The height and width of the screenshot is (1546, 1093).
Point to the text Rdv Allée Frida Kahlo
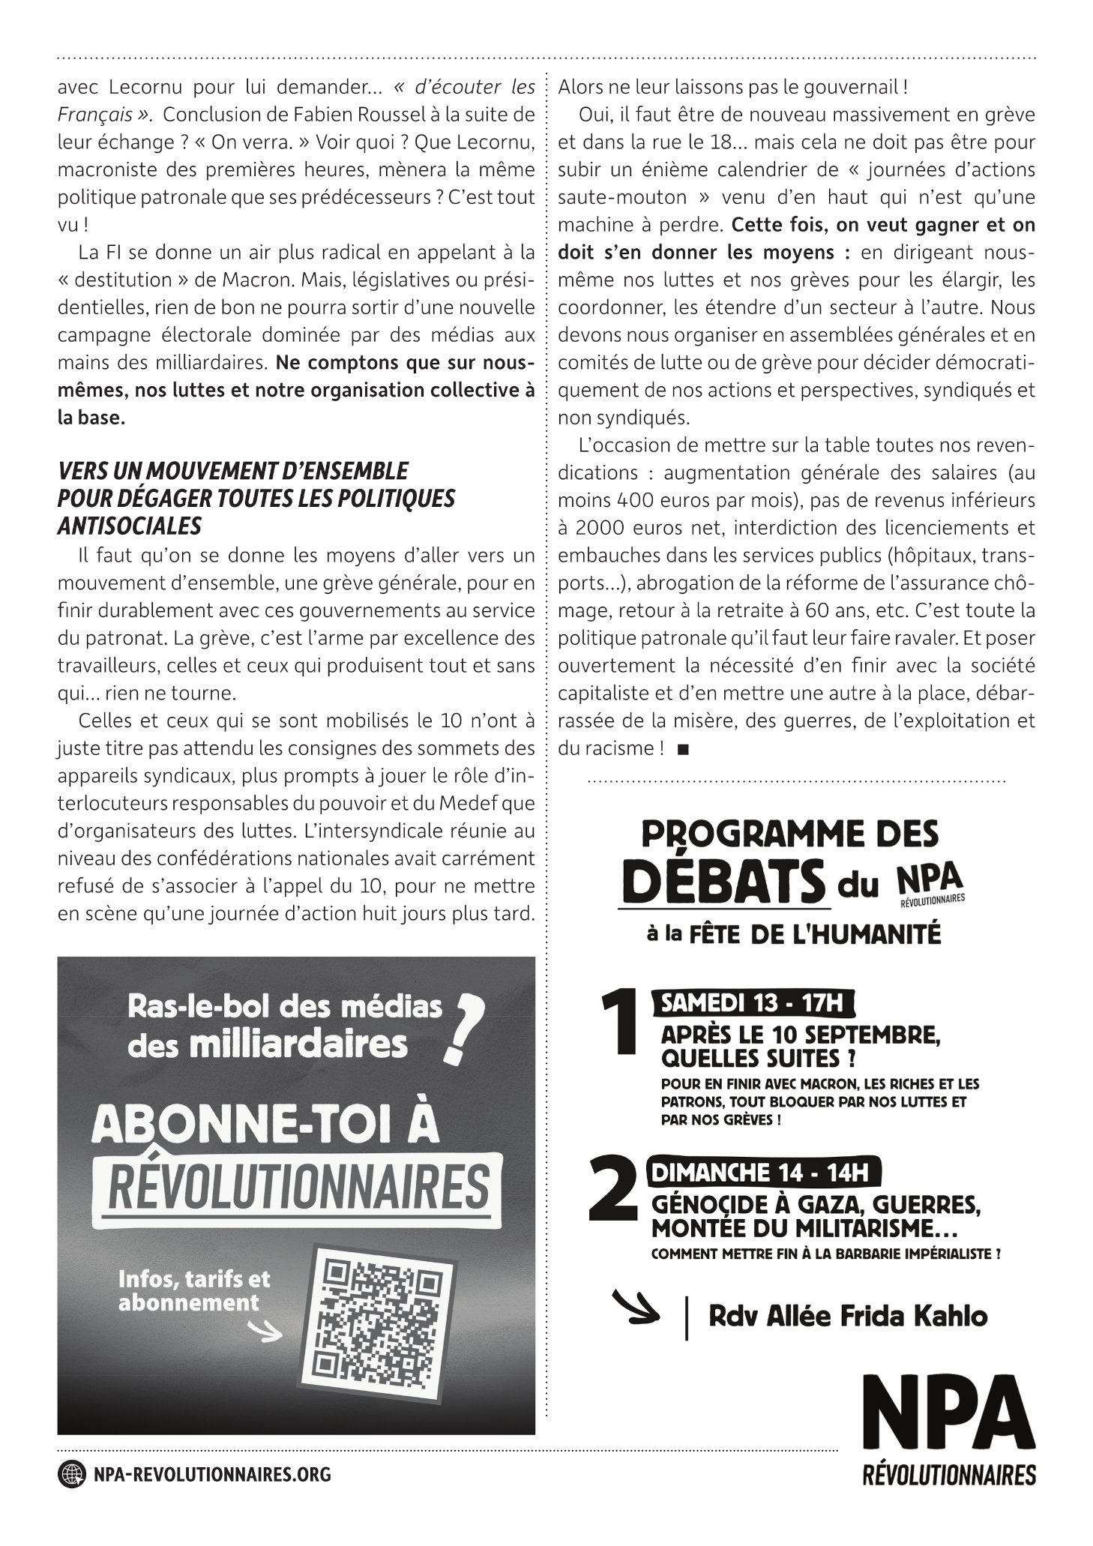click(x=847, y=1316)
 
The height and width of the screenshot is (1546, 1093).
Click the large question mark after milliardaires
click(x=460, y=1028)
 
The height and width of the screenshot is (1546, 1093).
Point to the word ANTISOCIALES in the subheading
click(x=129, y=526)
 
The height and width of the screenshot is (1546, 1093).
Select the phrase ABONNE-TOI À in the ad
click(x=265, y=1125)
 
